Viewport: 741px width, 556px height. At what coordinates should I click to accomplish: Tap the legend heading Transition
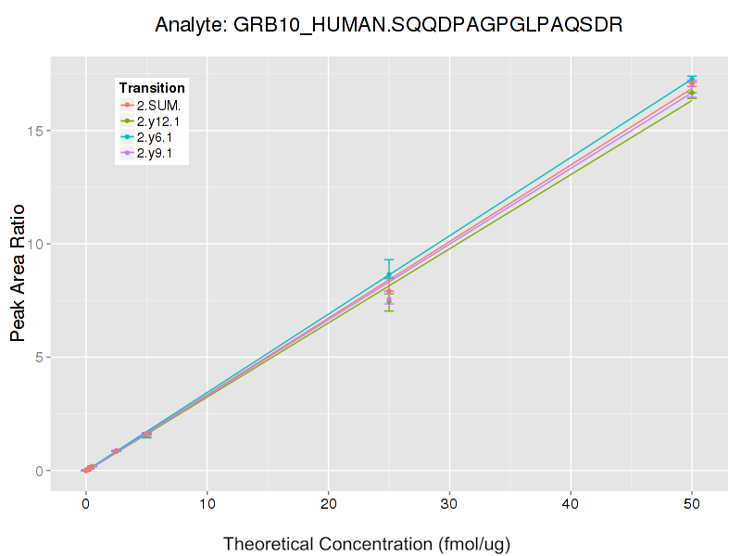152,88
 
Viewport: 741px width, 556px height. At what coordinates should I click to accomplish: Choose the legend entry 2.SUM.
158,105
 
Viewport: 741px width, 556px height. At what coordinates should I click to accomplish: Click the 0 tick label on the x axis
85,505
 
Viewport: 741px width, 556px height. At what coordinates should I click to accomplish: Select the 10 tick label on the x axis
207,505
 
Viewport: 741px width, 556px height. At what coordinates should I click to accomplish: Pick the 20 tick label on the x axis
328,505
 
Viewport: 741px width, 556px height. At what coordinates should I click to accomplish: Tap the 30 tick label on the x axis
449,505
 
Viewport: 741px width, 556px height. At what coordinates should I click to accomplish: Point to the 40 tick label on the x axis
571,505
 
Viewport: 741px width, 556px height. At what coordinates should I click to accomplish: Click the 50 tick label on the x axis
692,505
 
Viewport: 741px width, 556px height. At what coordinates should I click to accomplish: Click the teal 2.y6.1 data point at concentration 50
692,79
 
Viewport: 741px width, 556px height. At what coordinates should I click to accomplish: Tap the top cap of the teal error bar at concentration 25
389,259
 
